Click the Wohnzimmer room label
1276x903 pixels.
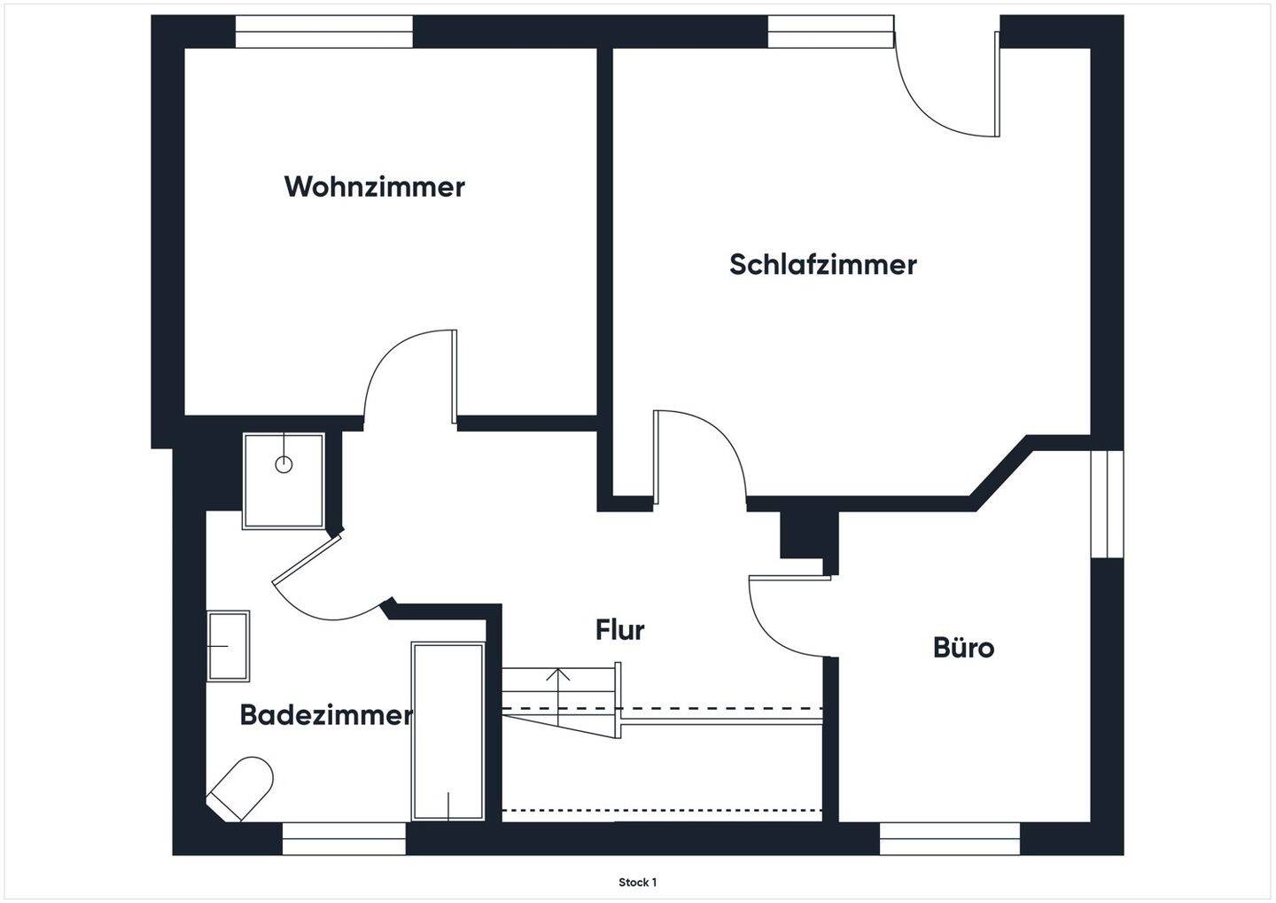(x=374, y=187)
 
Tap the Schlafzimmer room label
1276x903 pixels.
(x=822, y=264)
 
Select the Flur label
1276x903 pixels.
(x=619, y=630)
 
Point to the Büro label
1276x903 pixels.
(x=963, y=648)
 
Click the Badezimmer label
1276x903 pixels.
(x=325, y=715)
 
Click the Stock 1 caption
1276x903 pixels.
(x=637, y=883)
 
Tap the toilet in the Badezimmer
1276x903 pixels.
(x=241, y=788)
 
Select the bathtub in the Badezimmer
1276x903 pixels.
(x=447, y=731)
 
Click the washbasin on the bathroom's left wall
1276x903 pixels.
(x=228, y=646)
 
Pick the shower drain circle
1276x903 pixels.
(x=284, y=463)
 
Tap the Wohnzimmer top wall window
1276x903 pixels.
(x=324, y=32)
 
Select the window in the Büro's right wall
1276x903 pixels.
(x=1107, y=503)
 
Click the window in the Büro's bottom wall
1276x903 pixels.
(x=949, y=838)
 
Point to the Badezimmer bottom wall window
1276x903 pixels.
(x=344, y=838)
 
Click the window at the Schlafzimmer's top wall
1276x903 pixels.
(x=830, y=32)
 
